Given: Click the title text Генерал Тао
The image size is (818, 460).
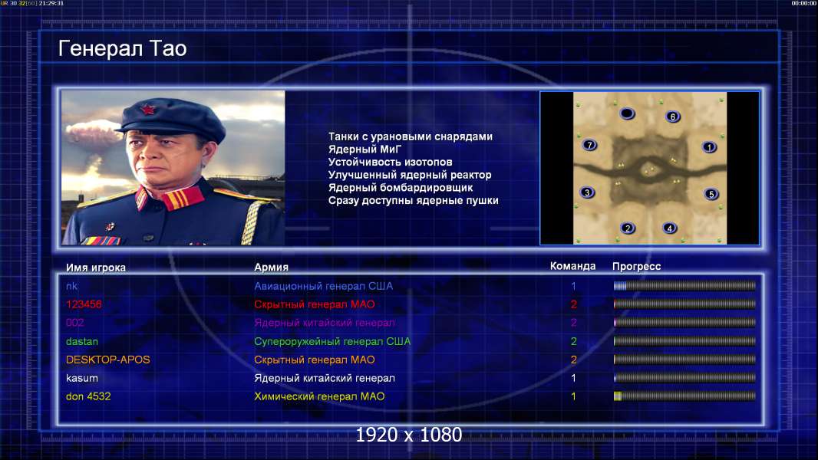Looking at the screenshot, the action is [x=122, y=48].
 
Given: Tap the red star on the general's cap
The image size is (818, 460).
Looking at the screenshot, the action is [x=148, y=110].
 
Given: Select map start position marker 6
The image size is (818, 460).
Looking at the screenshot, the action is [x=673, y=117].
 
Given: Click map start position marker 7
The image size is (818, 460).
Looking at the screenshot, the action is [x=589, y=145].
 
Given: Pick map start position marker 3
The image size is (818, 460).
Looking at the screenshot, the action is [x=587, y=192].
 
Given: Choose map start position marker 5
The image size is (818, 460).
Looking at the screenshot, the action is [x=711, y=194].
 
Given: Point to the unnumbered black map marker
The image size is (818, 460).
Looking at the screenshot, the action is [x=627, y=113].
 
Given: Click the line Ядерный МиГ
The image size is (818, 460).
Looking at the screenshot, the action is [x=364, y=149].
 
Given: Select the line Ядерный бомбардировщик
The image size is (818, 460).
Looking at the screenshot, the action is [x=400, y=188].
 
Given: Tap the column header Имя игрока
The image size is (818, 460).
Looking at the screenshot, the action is [x=95, y=268].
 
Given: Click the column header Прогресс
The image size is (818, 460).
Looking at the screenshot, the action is [x=636, y=266].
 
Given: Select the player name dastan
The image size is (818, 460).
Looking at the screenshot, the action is [x=82, y=341].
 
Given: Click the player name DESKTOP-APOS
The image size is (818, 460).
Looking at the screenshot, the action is [x=107, y=360].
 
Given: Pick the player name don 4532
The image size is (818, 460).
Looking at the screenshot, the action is [x=88, y=396].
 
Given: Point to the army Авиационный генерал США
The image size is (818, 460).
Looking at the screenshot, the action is [x=324, y=286].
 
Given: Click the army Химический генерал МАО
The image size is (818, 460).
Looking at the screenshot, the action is [x=319, y=396].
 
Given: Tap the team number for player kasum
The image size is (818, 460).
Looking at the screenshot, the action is [x=573, y=378].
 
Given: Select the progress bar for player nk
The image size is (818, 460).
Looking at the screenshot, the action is [x=684, y=285].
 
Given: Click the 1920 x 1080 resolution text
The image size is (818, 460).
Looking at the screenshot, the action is [x=408, y=435].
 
